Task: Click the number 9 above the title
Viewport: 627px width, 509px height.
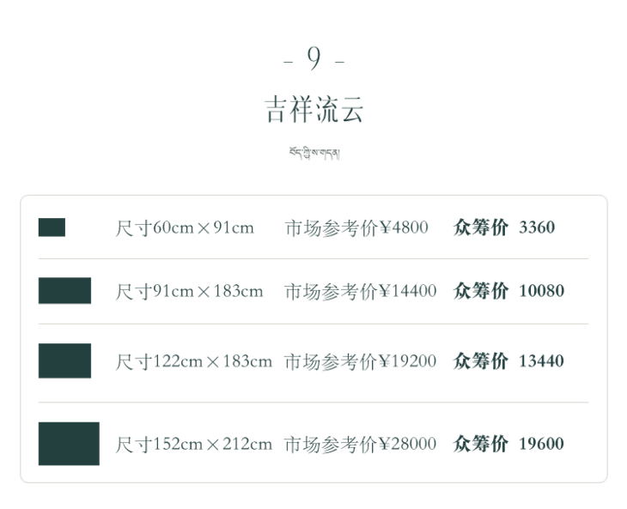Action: tap(314, 59)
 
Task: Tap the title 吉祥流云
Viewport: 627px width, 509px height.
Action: tap(313, 110)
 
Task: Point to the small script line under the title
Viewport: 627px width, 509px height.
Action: tap(314, 154)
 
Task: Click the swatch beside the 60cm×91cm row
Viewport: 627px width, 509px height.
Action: tap(52, 227)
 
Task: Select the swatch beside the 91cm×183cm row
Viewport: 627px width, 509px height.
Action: tap(64, 290)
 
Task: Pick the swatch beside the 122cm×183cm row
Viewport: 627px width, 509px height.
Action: tap(64, 361)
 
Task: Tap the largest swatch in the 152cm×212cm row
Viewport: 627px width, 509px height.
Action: tap(69, 443)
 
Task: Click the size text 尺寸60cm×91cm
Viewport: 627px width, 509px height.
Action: tap(185, 227)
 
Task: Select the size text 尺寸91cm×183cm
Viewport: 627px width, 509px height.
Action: tap(189, 291)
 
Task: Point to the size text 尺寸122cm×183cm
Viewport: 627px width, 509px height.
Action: tap(194, 361)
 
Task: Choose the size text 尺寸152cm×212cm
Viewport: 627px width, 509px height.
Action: tap(194, 444)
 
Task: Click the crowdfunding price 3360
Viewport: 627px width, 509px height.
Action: tap(538, 227)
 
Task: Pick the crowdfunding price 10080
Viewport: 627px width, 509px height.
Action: tap(542, 291)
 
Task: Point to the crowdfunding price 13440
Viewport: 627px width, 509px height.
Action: tap(542, 361)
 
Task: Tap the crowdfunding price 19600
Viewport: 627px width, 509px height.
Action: tap(542, 444)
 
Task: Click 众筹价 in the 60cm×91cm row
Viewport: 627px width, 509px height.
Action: tap(481, 227)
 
